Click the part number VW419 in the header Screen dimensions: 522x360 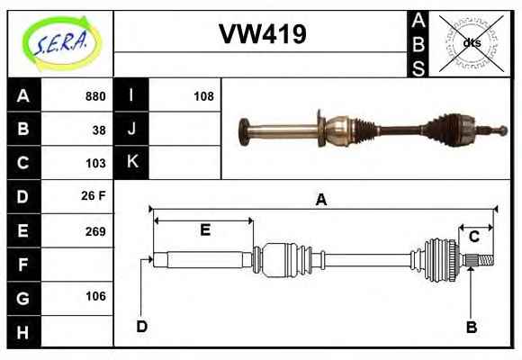pyautogui.click(x=262, y=34)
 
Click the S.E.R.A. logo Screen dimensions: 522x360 pyautogui.click(x=60, y=44)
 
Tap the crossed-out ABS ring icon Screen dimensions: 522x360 pyautogui.click(x=471, y=43)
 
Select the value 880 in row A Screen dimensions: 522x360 pyautogui.click(x=95, y=96)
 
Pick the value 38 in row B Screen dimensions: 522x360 pyautogui.click(x=99, y=130)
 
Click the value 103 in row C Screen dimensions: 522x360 pyautogui.click(x=95, y=163)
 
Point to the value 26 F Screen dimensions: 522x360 pyautogui.click(x=94, y=195)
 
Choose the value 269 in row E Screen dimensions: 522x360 pyautogui.click(x=95, y=231)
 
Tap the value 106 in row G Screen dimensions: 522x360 pyautogui.click(x=96, y=296)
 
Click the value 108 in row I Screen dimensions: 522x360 pyautogui.click(x=203, y=96)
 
